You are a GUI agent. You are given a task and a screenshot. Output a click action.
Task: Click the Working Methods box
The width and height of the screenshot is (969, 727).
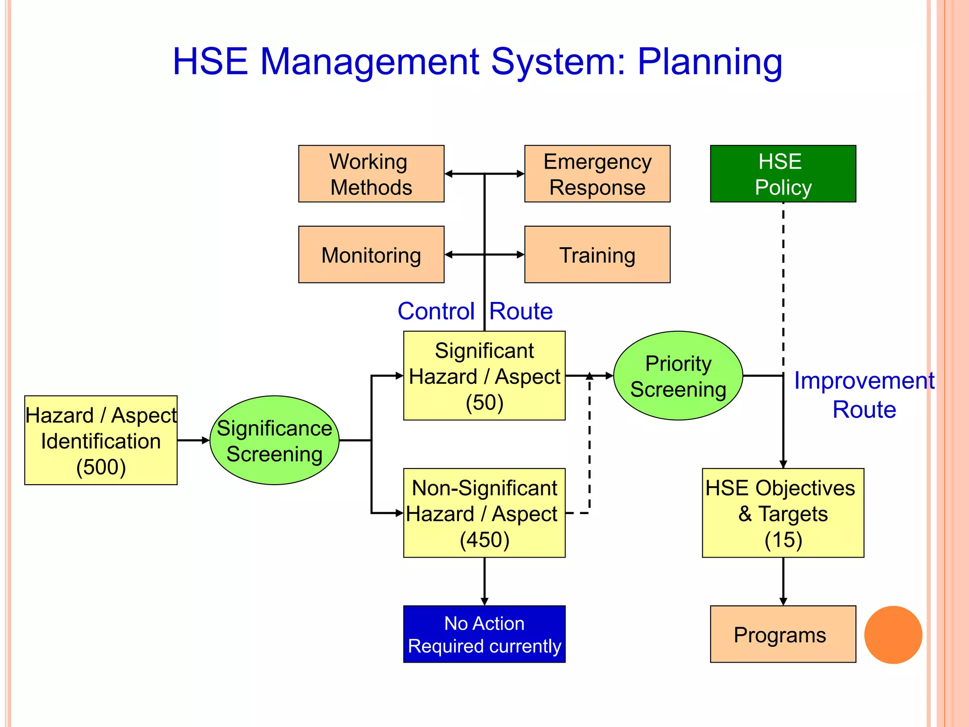(x=371, y=174)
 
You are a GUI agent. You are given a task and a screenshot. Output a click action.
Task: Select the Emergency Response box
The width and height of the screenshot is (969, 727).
(x=597, y=174)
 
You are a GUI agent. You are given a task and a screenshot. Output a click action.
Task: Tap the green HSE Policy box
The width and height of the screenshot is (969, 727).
(x=783, y=174)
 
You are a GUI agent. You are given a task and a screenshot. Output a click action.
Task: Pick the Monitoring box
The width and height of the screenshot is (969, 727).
(x=371, y=255)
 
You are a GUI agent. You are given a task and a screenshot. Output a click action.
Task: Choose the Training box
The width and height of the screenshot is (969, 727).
(x=597, y=255)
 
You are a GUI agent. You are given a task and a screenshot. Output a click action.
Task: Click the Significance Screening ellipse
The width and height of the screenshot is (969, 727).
(x=274, y=440)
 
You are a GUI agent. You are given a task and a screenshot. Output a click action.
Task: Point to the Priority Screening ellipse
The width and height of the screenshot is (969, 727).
(x=678, y=376)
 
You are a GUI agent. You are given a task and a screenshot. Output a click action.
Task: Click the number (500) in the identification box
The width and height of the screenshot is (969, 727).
(x=101, y=467)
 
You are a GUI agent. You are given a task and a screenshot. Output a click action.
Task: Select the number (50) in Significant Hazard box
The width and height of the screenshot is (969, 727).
(x=484, y=403)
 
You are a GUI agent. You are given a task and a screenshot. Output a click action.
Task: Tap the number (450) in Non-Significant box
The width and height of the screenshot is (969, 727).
(x=484, y=540)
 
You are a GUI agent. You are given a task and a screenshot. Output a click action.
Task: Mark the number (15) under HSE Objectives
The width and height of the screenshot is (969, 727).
(x=783, y=540)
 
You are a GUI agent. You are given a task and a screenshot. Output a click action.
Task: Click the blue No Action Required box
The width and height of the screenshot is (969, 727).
(x=484, y=634)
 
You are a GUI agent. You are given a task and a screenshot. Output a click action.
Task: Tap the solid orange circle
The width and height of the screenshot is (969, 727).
(x=893, y=635)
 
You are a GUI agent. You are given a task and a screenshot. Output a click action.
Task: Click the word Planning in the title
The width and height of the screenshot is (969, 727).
(x=710, y=62)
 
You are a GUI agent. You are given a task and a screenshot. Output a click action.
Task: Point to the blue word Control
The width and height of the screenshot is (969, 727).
(x=436, y=311)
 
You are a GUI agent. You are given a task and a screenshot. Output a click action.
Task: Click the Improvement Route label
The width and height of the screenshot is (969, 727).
(x=864, y=395)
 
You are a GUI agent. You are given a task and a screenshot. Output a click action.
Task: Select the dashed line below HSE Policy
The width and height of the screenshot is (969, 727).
(x=783, y=284)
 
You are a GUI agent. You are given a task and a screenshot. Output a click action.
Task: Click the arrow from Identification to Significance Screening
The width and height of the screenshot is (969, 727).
(x=193, y=440)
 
